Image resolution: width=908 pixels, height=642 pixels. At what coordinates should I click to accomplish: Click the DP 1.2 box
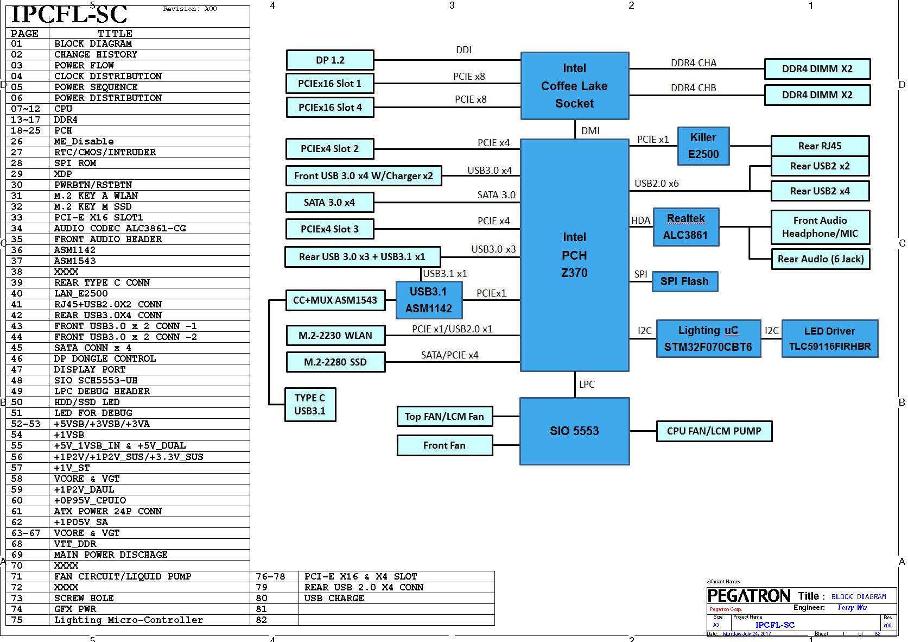(x=330, y=60)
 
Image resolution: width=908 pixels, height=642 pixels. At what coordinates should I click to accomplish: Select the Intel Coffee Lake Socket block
(x=574, y=86)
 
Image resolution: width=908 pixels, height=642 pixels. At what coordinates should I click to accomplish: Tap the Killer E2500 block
(x=703, y=146)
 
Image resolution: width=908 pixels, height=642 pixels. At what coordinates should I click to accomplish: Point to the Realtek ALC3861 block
(x=685, y=227)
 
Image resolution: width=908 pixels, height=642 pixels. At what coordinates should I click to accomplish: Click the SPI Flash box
(x=684, y=281)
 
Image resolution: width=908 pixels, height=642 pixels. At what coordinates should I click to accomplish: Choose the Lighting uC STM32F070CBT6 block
(x=708, y=338)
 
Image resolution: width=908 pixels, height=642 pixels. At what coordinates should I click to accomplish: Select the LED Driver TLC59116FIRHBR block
(x=829, y=338)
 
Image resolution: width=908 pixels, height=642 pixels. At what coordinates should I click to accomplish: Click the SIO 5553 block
(x=574, y=431)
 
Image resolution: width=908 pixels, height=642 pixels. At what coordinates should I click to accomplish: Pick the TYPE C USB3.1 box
(x=310, y=405)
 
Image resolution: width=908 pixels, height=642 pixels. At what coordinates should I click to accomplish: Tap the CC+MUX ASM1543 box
(x=335, y=300)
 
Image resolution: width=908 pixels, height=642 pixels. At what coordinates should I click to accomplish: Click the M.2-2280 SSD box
(x=335, y=362)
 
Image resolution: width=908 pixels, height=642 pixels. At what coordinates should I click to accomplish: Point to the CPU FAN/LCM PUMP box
(x=714, y=431)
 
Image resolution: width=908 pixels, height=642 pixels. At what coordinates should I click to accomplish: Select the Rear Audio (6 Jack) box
(x=820, y=259)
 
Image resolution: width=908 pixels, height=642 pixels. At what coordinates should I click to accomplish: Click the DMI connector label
(x=590, y=131)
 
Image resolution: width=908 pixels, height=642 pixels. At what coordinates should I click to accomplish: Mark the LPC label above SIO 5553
(x=587, y=385)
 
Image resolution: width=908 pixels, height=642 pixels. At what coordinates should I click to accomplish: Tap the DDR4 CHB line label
(x=693, y=88)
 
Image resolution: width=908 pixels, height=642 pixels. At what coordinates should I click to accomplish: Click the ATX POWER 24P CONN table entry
(x=108, y=511)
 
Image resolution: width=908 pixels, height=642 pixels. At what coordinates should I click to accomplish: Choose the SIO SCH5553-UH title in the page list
(x=96, y=380)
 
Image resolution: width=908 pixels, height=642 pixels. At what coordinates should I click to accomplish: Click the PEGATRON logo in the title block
(x=749, y=596)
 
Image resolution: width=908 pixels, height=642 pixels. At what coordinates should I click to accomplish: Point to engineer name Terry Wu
(x=852, y=607)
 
